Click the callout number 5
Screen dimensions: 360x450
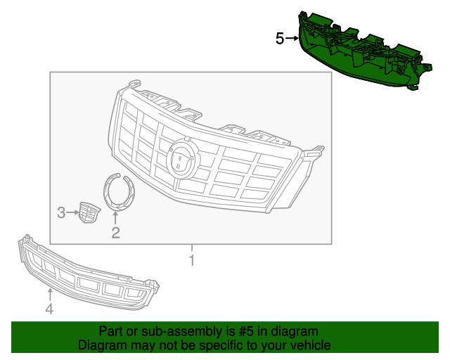279,39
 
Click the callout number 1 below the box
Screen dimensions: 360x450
191,262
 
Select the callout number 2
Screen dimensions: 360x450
115,232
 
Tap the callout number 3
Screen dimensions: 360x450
62,212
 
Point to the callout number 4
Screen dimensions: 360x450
49,309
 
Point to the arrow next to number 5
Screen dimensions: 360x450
291,39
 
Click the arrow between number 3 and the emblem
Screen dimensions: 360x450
72,212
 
